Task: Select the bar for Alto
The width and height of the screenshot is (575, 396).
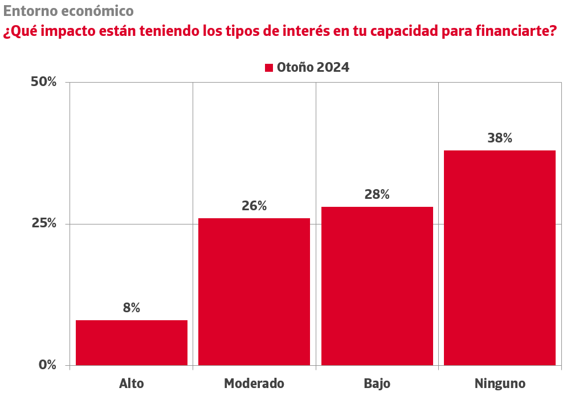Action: [131, 342]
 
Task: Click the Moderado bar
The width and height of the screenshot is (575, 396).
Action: [254, 291]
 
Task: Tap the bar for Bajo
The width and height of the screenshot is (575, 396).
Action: [377, 285]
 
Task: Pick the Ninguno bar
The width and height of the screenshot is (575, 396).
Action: [499, 258]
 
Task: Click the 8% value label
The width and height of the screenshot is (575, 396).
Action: [131, 308]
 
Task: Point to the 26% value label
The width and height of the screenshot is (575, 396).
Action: [254, 206]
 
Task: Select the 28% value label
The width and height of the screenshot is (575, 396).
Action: [377, 195]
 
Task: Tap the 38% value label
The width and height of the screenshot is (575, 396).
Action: [499, 138]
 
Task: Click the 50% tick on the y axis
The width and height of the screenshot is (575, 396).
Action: [43, 82]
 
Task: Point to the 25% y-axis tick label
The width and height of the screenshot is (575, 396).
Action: [43, 223]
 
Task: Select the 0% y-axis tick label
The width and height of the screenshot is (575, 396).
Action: [47, 365]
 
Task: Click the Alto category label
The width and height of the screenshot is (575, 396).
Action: [131, 383]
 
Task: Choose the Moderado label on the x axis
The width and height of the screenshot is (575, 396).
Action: [254, 383]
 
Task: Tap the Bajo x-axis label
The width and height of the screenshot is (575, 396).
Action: [377, 383]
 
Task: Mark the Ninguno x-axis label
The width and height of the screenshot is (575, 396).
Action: [499, 383]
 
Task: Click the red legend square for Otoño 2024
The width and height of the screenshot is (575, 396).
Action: [270, 68]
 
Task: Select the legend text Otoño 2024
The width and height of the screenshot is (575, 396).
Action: [313, 67]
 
